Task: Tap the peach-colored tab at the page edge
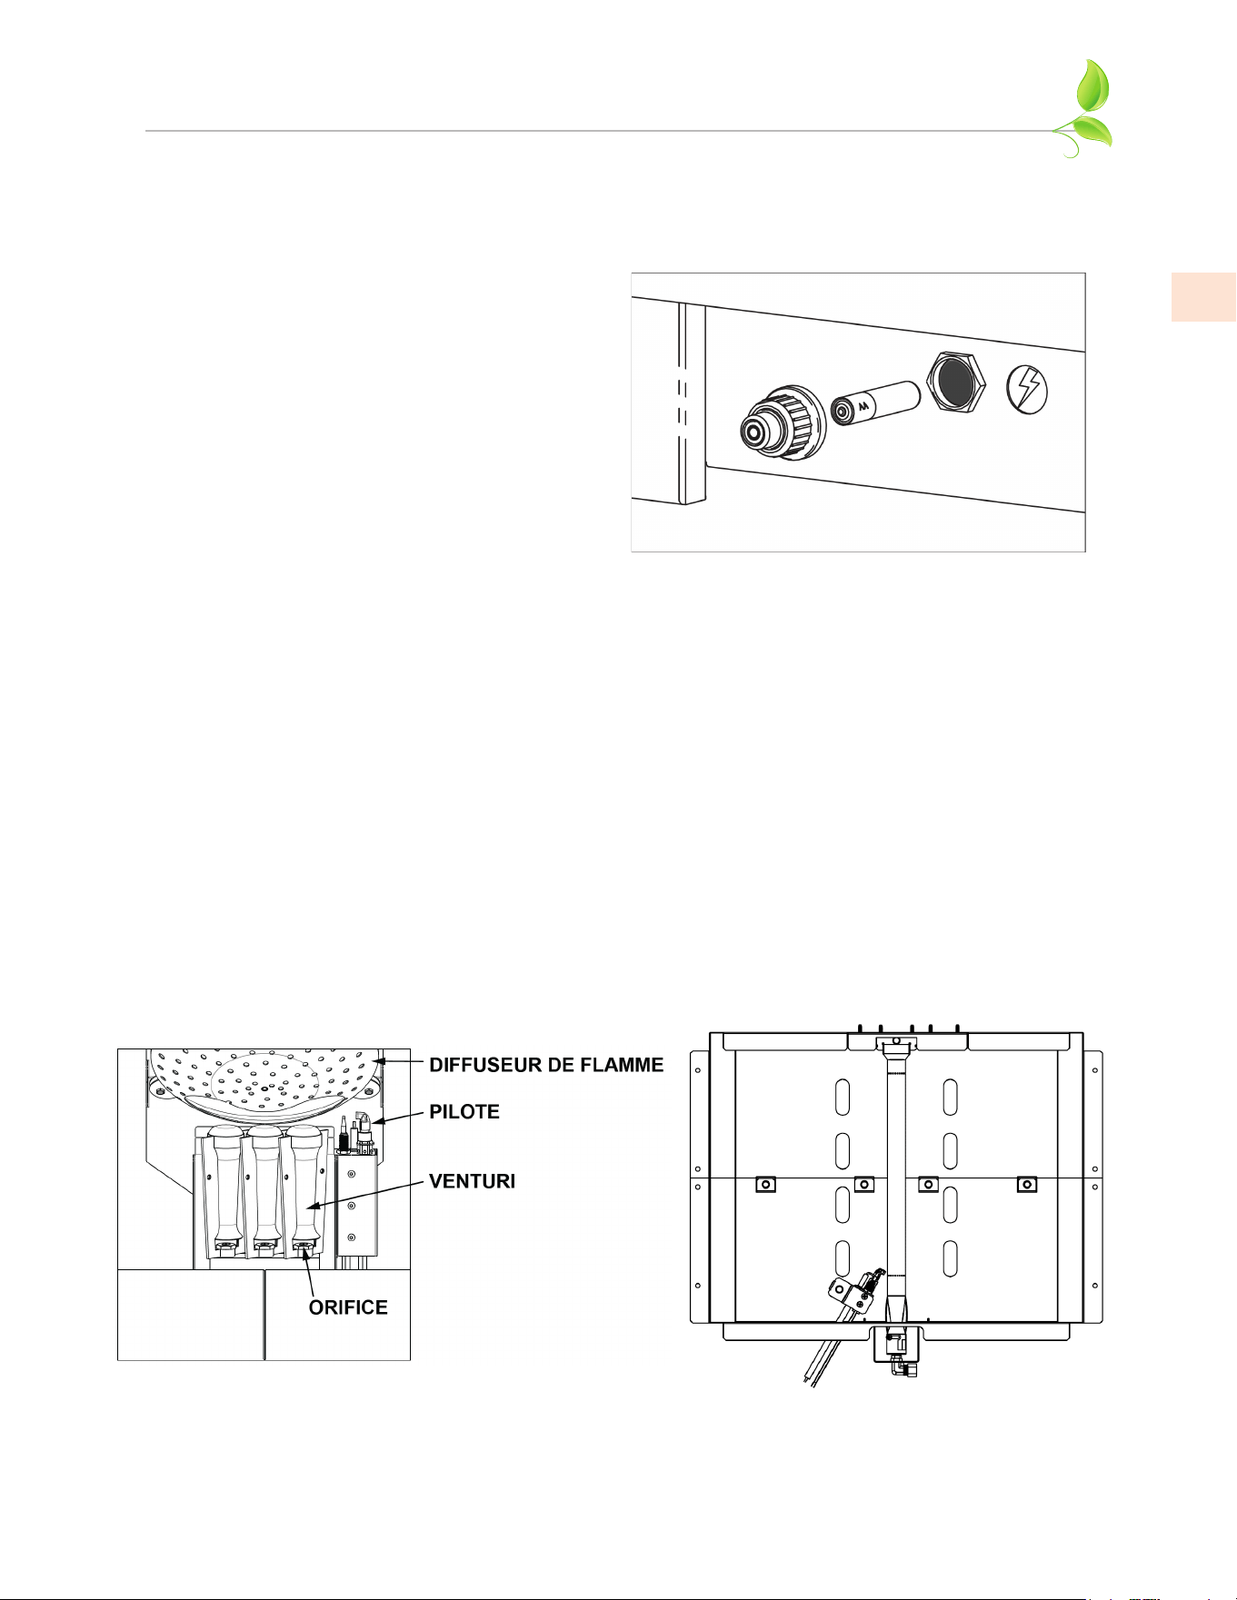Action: [1203, 296]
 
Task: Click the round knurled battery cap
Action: [781, 423]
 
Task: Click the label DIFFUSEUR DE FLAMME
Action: [546, 1065]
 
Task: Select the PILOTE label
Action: [464, 1112]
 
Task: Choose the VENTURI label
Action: [472, 1181]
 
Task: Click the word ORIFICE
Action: [348, 1307]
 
